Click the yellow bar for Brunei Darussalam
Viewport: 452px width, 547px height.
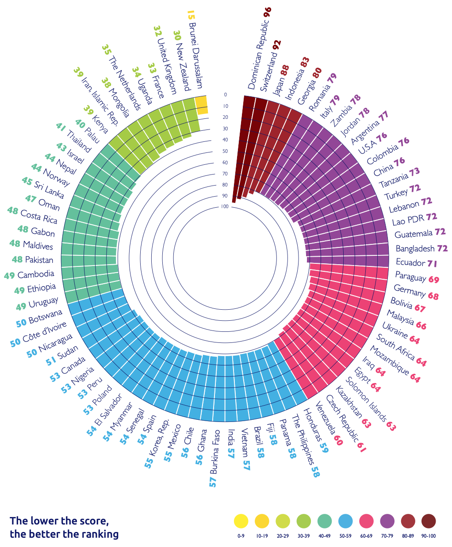(x=202, y=105)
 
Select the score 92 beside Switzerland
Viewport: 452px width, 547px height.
(x=277, y=45)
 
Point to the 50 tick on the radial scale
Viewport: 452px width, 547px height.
(x=225, y=151)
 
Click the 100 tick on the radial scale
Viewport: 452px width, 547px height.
(x=225, y=207)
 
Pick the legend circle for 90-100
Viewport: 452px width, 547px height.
(x=429, y=521)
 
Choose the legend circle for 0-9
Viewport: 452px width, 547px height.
(x=241, y=521)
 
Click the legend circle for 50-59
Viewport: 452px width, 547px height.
(x=345, y=521)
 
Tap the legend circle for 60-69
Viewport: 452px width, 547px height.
(x=366, y=521)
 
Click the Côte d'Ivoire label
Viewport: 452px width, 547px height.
(x=45, y=332)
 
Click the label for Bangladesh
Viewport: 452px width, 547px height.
(x=415, y=249)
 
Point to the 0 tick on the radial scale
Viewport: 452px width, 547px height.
(x=225, y=95)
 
